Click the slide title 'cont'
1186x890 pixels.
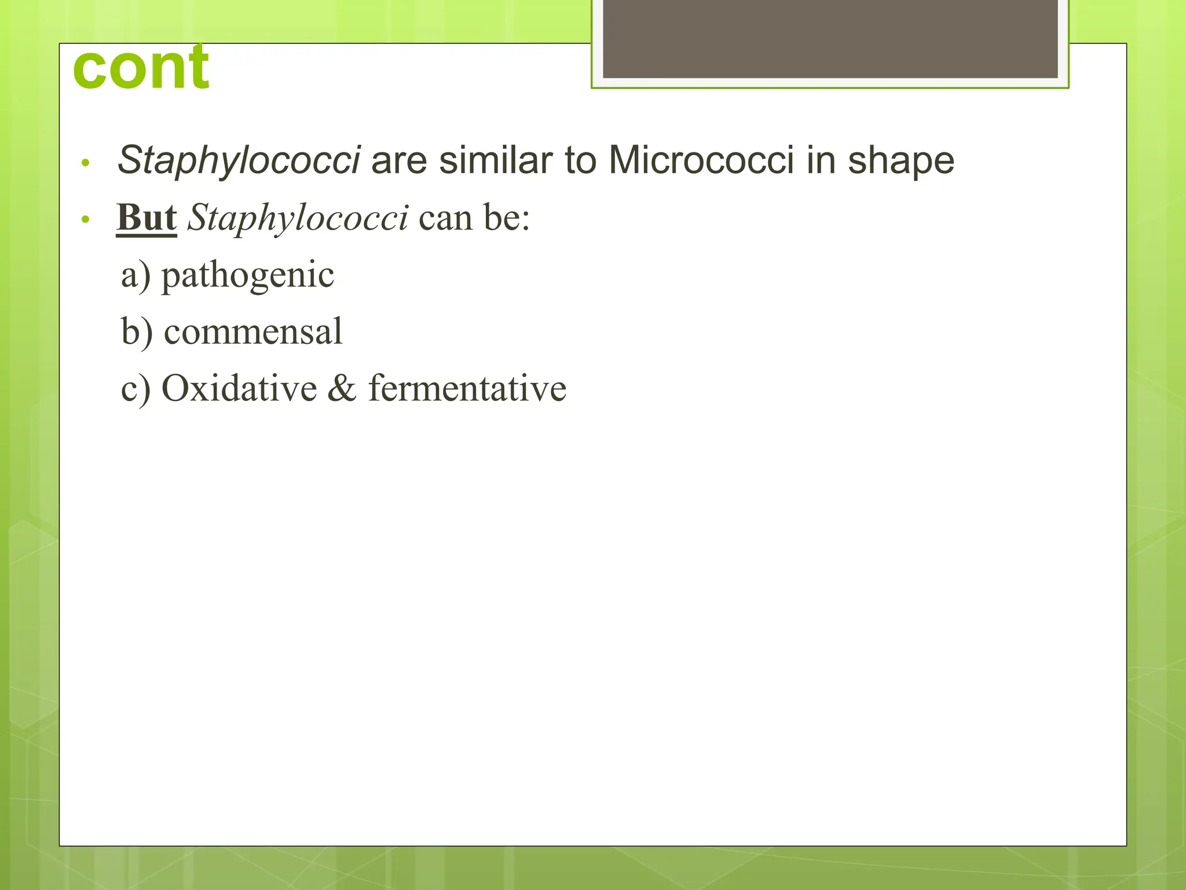[141, 68]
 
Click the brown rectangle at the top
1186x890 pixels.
[830, 39]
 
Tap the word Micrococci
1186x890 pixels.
[701, 160]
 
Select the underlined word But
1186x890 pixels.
[147, 218]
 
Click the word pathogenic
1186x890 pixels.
[247, 275]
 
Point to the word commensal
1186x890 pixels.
[253, 331]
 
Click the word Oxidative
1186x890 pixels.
[239, 388]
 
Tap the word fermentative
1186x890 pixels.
[467, 388]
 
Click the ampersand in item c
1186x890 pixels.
[342, 388]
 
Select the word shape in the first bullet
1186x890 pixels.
[901, 160]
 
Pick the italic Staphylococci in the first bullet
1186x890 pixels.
[239, 160]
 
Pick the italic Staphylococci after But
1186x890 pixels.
[298, 218]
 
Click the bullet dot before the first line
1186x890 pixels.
[86, 163]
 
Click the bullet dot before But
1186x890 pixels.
[86, 220]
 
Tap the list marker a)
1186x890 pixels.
[136, 275]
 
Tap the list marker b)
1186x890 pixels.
[137, 331]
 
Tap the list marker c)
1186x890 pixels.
[136, 388]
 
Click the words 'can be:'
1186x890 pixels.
[474, 218]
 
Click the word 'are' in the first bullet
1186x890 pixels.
[399, 160]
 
